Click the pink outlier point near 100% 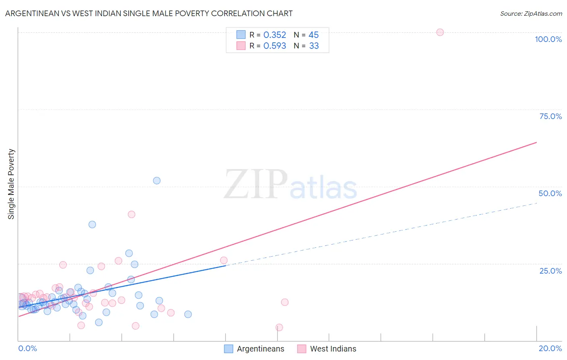coord(440,32)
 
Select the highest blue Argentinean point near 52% coord(157,180)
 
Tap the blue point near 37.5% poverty coord(92,224)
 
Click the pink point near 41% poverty coord(131,214)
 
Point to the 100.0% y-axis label coord(548,39)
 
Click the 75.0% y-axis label coord(550,116)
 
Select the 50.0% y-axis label coord(550,193)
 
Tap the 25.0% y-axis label coord(550,270)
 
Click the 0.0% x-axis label coord(27,348)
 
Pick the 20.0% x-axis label coord(550,348)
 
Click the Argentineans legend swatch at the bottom coord(229,349)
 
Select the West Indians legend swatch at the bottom coord(302,349)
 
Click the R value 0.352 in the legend coord(275,35)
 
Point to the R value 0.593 coord(275,46)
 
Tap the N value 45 coord(313,35)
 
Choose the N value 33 coord(314,46)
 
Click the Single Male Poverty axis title coord(11,184)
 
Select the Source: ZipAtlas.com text coord(531,14)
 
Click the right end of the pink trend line coord(536,142)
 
